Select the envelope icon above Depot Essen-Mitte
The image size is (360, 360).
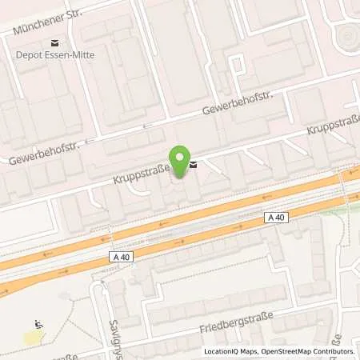point(54,42)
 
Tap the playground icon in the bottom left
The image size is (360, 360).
point(37,325)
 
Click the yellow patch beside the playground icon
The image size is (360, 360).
point(33,338)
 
